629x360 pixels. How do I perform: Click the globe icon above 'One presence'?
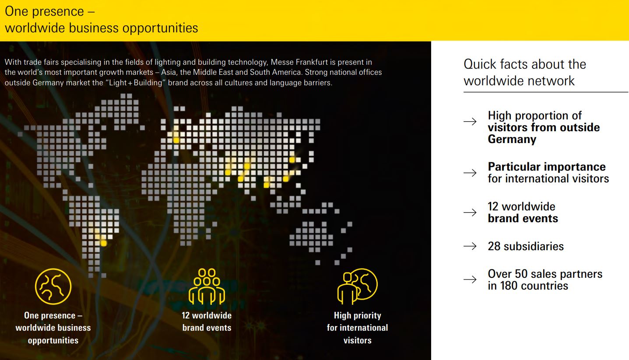pos(53,287)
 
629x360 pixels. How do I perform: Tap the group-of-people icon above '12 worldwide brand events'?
pos(207,287)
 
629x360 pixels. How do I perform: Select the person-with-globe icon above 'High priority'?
pos(358,287)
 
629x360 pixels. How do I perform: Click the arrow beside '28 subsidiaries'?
pos(470,246)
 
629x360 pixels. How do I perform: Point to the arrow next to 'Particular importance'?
pos(470,173)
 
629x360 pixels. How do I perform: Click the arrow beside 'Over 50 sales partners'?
pos(470,280)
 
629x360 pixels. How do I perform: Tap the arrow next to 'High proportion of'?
pos(470,122)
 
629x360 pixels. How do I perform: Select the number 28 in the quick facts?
pos(494,246)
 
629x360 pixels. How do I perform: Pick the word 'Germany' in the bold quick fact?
pos(512,139)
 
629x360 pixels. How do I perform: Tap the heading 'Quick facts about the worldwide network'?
pos(525,72)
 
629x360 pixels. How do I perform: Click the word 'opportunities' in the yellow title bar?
pos(160,28)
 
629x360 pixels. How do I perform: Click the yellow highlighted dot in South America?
pos(104,243)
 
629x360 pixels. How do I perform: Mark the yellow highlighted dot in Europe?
pos(176,140)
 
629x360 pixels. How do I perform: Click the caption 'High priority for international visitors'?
pos(358,328)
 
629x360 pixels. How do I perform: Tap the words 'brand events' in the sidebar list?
pos(523,219)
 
